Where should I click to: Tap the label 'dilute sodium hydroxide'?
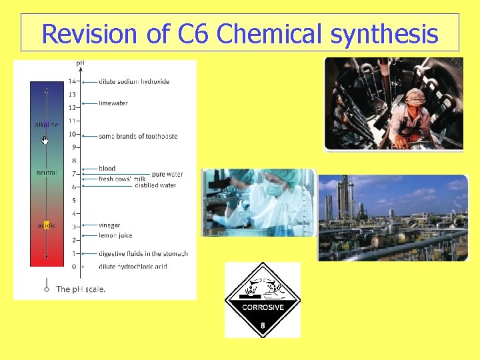(x=133, y=81)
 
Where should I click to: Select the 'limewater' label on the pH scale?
(x=113, y=103)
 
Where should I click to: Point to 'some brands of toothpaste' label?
(x=138, y=136)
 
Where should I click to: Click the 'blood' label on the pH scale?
(x=107, y=169)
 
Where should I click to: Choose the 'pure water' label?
(x=167, y=175)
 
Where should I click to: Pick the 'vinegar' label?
(x=109, y=225)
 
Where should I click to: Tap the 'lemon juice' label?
(x=115, y=235)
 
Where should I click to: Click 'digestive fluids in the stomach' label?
(x=143, y=253)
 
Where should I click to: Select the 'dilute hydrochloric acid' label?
(x=133, y=267)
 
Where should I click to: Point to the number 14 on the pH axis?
(x=72, y=81)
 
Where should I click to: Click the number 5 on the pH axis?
(x=74, y=200)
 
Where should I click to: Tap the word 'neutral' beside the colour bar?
(x=47, y=173)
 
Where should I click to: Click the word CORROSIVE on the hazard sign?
(x=263, y=307)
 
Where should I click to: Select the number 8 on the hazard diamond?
(x=263, y=325)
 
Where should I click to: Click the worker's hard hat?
(x=415, y=95)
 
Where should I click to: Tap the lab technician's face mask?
(x=275, y=189)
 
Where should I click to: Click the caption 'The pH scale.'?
(x=81, y=289)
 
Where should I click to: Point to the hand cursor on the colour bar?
(x=45, y=140)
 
